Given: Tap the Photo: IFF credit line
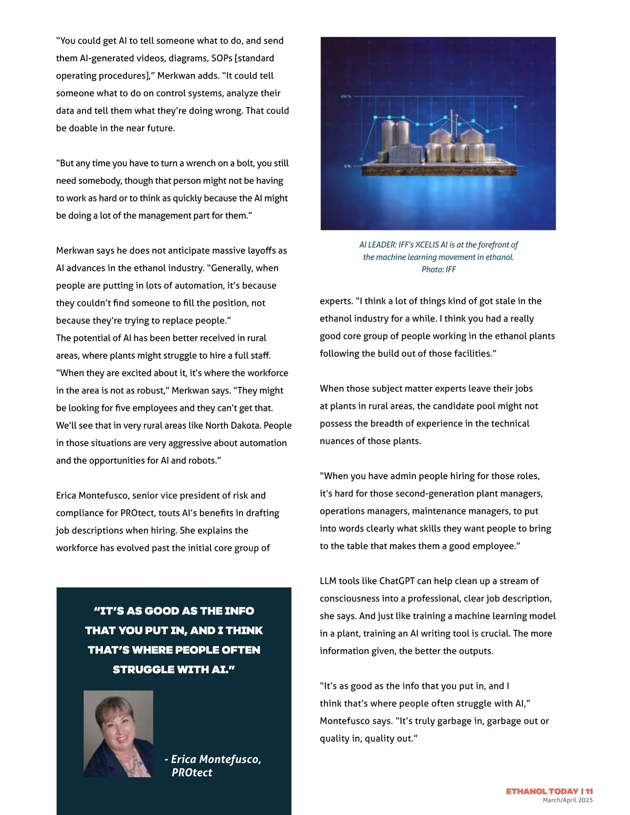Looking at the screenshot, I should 438,269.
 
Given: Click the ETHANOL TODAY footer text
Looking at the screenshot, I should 542,791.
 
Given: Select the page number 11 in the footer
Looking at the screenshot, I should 590,791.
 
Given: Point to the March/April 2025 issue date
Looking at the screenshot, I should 568,800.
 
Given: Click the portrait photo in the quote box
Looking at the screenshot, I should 118,734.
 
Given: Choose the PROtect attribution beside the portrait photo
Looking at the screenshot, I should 192,772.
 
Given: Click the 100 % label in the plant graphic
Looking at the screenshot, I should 345,97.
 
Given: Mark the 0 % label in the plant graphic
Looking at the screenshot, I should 348,166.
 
